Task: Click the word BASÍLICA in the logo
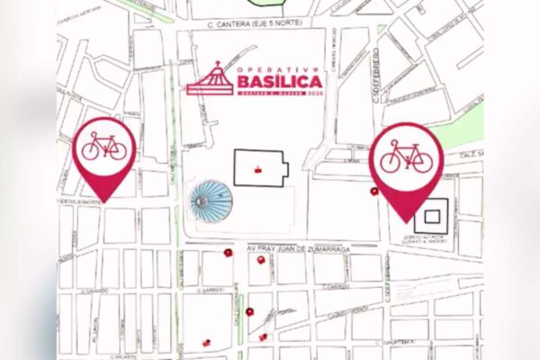coord(279,84)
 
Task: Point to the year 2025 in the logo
coord(314,94)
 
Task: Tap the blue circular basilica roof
coord(210,201)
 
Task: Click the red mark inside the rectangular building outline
coord(260,168)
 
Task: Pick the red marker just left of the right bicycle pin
coord(373,191)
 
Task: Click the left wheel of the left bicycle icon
coord(92,151)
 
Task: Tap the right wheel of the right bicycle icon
coord(420,162)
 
